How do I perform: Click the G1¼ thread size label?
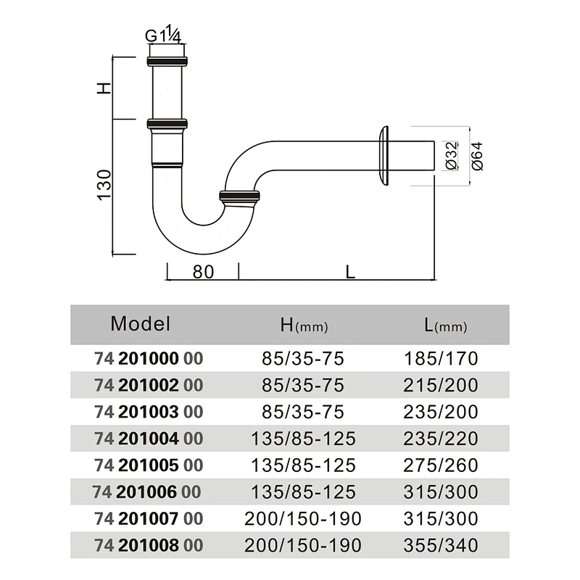pyautogui.click(x=163, y=34)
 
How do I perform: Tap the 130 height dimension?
pyautogui.click(x=104, y=186)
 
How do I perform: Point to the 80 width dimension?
pyautogui.click(x=203, y=272)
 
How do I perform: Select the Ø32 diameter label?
pyautogui.click(x=451, y=155)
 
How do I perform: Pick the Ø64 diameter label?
pyautogui.click(x=477, y=156)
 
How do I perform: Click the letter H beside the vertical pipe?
pyautogui.click(x=104, y=88)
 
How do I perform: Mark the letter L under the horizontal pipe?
pyautogui.click(x=350, y=273)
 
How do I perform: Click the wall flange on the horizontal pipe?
pyautogui.click(x=384, y=156)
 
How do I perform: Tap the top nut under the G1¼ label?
pyautogui.click(x=167, y=62)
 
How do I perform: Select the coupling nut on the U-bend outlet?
pyautogui.click(x=239, y=196)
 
